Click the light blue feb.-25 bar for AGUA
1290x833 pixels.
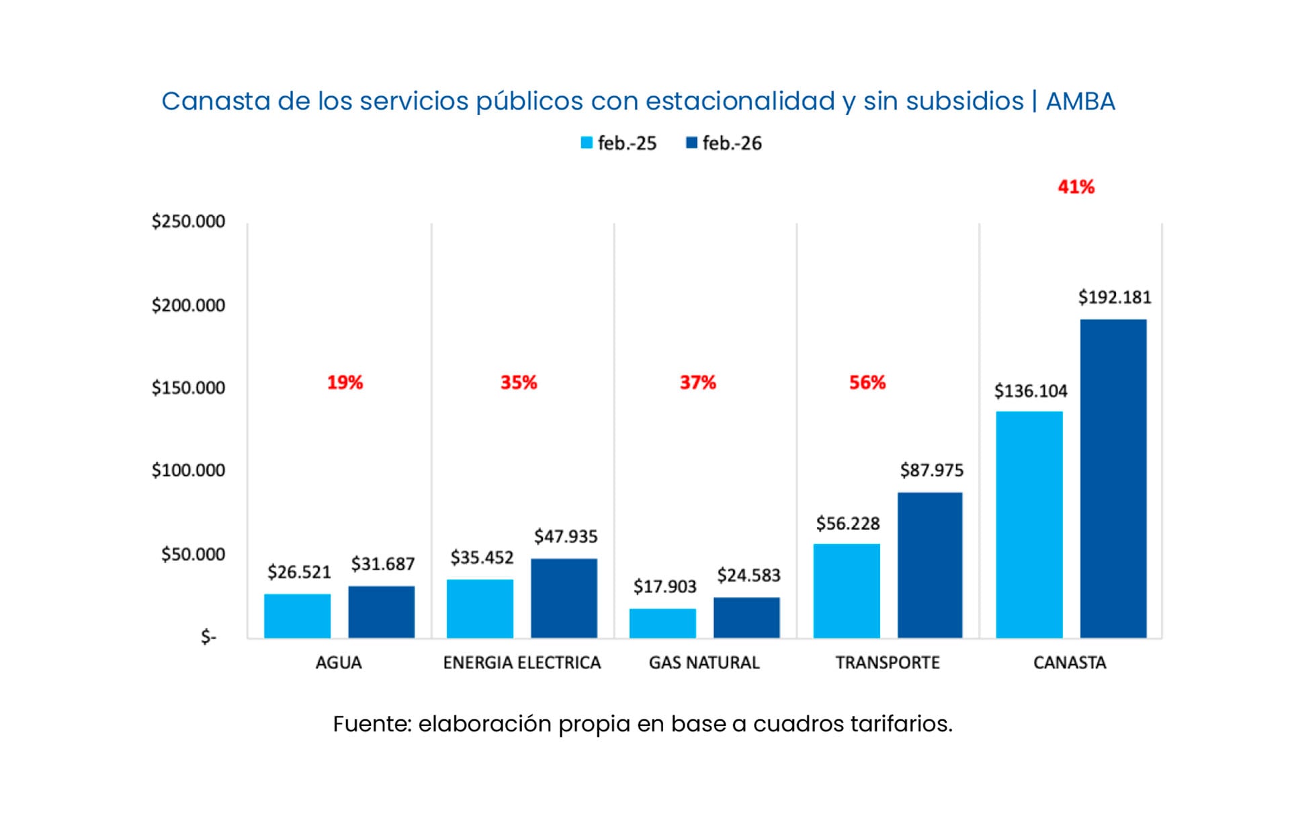(297, 616)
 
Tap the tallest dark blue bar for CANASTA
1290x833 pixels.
(1113, 478)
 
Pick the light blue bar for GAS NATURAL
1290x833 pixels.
(662, 623)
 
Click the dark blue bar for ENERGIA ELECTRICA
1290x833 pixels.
(564, 598)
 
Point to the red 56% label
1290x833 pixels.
(867, 383)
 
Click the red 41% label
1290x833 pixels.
(1076, 187)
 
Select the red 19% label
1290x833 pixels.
(345, 383)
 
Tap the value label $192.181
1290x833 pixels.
(1114, 297)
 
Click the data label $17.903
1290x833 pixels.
(664, 586)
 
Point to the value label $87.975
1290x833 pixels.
(931, 470)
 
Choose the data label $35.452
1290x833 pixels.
(482, 557)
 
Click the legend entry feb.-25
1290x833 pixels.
(619, 143)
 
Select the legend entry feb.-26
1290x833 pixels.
(724, 143)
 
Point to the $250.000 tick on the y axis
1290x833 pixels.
(188, 221)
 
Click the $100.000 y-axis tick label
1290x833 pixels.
(188, 470)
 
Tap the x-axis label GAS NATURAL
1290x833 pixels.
(703, 662)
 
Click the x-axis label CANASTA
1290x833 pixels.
(1069, 662)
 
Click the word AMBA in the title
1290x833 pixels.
(1080, 102)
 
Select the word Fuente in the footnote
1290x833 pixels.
(372, 724)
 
